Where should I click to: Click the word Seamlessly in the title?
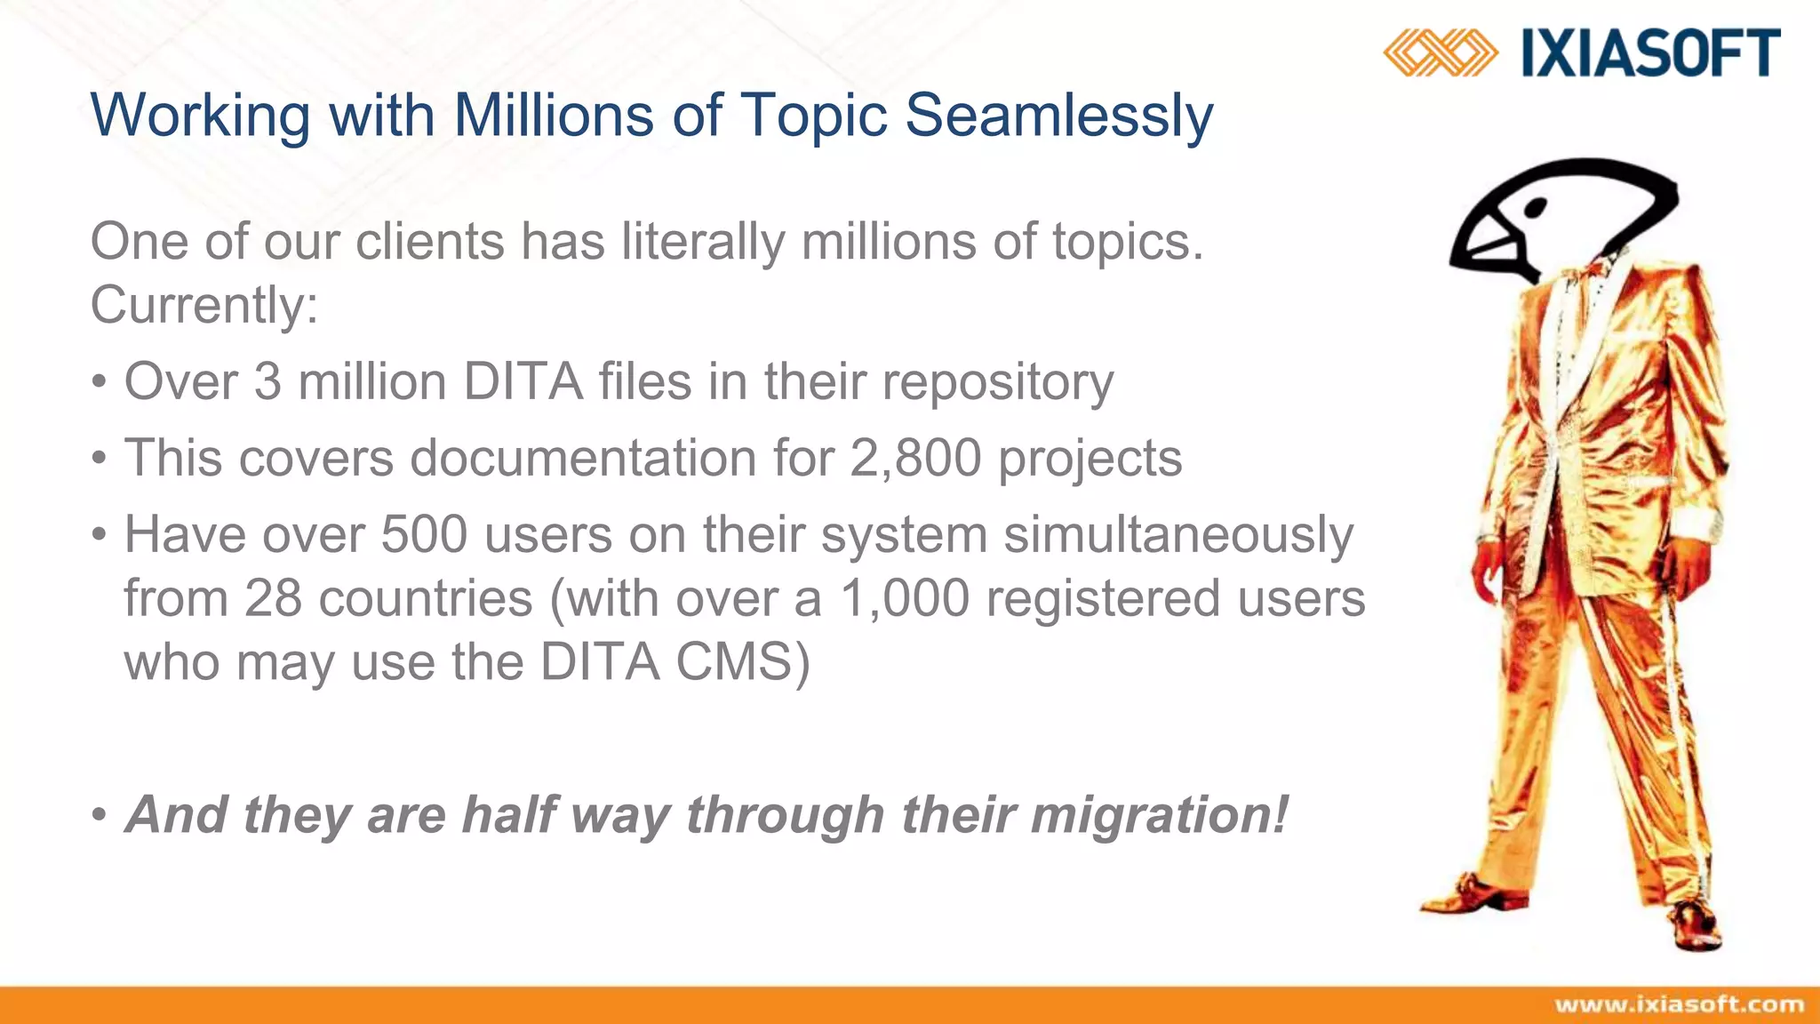click(1058, 116)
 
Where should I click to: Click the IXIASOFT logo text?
click(1651, 53)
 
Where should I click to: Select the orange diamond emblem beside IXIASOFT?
click(1440, 52)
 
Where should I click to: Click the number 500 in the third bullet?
click(424, 535)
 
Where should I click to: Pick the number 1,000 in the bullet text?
click(904, 598)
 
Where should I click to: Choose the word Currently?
click(204, 306)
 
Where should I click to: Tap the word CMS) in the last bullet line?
click(742, 663)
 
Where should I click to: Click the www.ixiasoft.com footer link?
click(1679, 1005)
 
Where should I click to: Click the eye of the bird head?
click(1535, 208)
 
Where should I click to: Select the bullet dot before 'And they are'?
click(100, 815)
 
